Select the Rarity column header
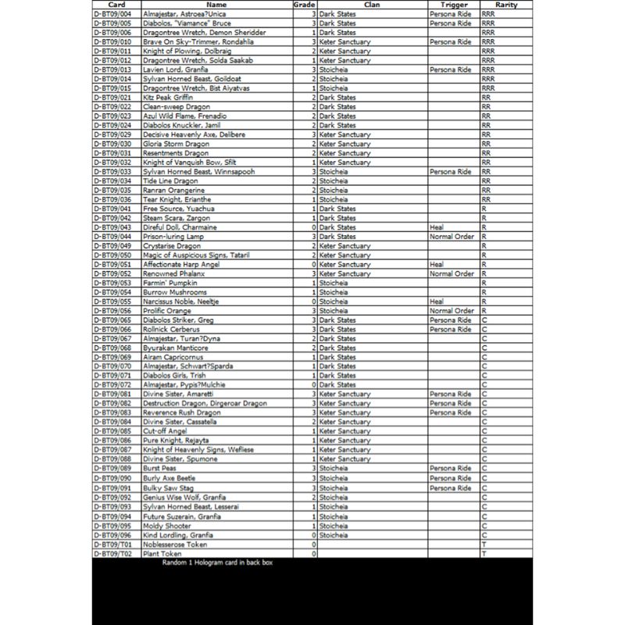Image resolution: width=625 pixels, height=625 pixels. [x=506, y=5]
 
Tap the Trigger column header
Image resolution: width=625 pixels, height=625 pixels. [x=453, y=5]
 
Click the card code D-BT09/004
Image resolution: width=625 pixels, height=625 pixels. [x=112, y=14]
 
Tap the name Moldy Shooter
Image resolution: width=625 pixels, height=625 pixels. [x=165, y=526]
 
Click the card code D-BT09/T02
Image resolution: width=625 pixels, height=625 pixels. [x=112, y=554]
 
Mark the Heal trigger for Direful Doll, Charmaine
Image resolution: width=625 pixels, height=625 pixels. [x=437, y=227]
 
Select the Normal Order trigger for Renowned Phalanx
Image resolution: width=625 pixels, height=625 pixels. [x=452, y=273]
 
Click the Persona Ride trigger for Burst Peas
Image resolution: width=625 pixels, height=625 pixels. [x=450, y=469]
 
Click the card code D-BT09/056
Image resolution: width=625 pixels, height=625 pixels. [x=112, y=311]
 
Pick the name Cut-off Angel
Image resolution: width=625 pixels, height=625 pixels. [x=164, y=431]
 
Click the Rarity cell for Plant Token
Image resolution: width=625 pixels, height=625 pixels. [x=484, y=554]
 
